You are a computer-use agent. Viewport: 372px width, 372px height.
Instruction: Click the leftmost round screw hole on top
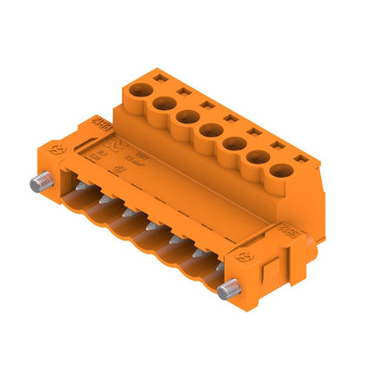[139, 90]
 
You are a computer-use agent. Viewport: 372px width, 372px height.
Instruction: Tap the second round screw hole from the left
[163, 104]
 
